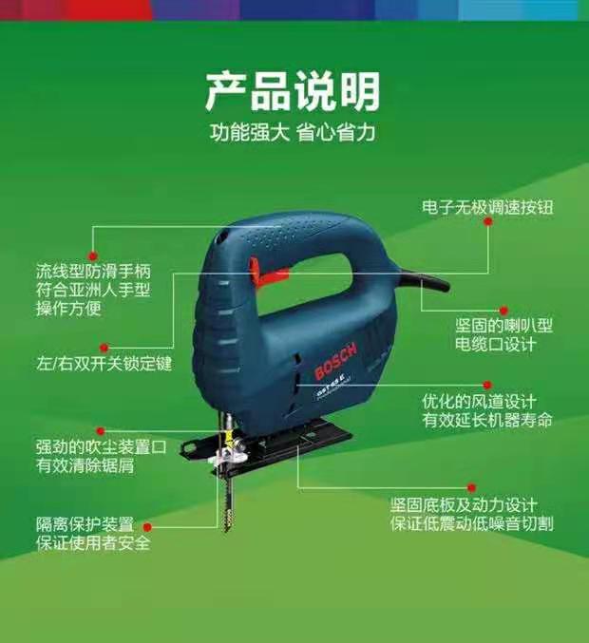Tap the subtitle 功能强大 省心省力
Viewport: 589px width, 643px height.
coord(293,133)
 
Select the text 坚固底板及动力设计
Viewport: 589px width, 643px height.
coord(464,504)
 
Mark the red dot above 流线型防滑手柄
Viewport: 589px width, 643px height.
coord(93,255)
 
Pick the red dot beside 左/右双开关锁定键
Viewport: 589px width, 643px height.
coord(104,348)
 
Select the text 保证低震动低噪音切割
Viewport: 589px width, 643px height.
coord(471,523)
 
